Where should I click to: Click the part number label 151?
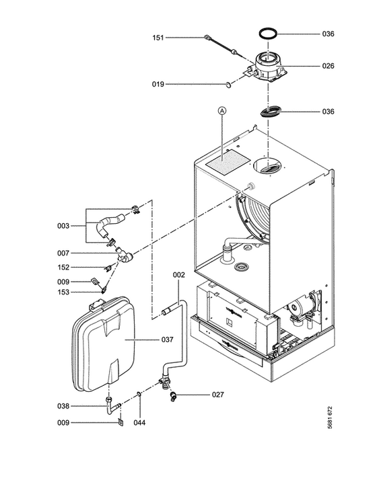pos(158,38)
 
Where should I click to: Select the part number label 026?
pos(328,66)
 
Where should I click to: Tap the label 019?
pos(158,84)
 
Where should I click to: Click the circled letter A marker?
pos(222,110)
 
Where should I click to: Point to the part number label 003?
pos(63,226)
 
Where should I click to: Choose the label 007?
pos(63,253)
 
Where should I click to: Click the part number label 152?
pos(63,268)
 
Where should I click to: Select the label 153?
pos(63,292)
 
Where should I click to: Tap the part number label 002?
pos(178,275)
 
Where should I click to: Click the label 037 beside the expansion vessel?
pos(167,339)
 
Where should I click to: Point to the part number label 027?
pos(218,395)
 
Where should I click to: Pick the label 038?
pos(63,406)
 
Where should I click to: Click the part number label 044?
pos(139,422)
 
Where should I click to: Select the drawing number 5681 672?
pos(330,417)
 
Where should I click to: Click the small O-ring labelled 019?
pos(228,85)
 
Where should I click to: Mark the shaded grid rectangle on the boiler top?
pos(228,163)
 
